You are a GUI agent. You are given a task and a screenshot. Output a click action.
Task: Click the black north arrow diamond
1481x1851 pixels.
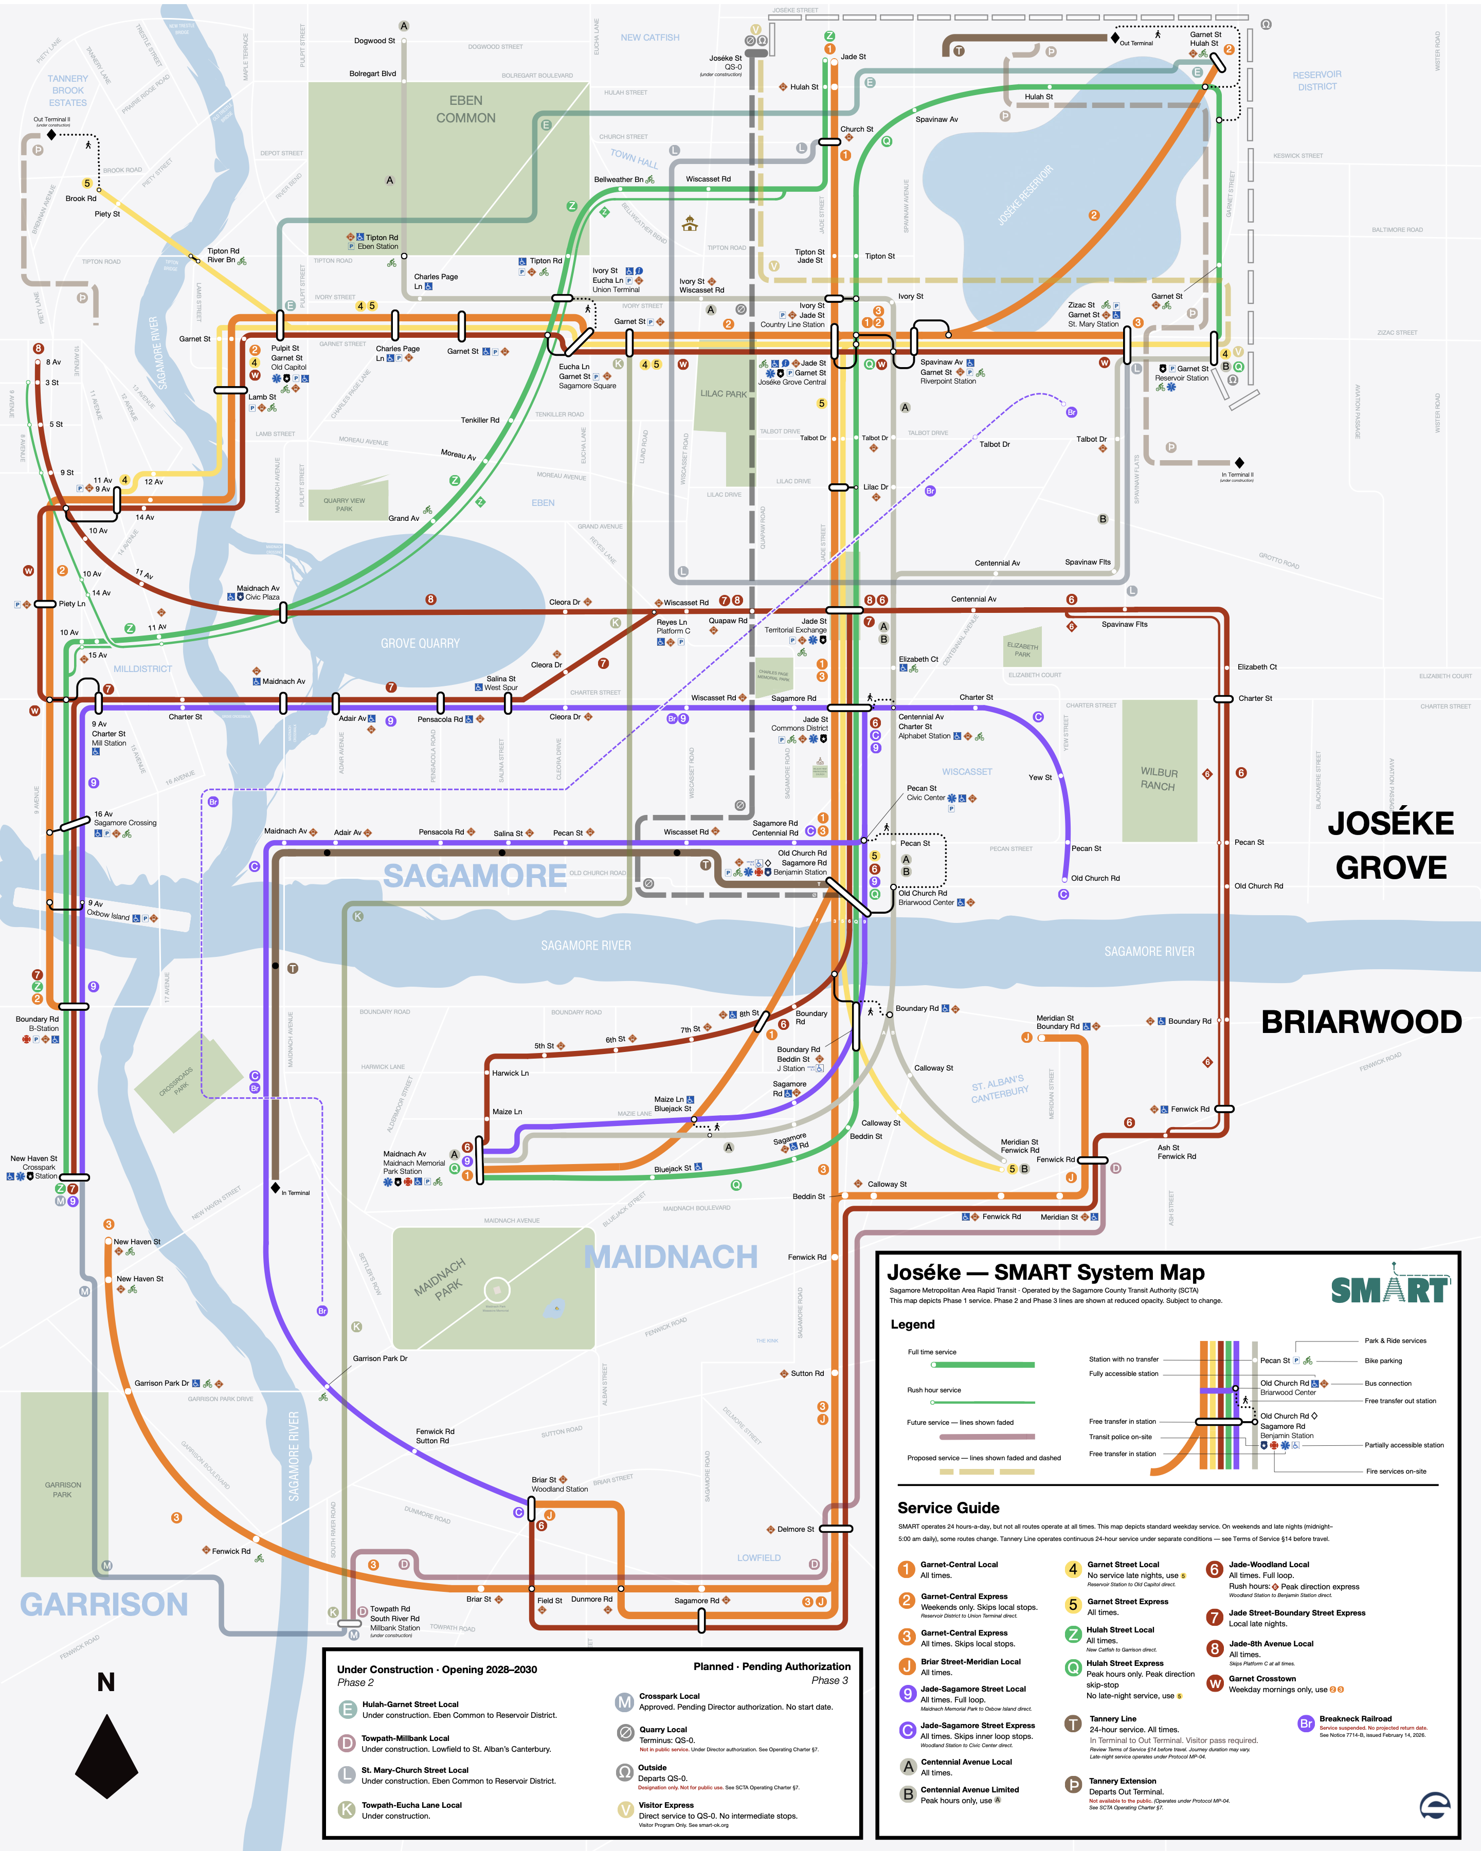tap(106, 1756)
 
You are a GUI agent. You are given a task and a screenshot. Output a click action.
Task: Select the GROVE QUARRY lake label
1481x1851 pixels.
tap(420, 643)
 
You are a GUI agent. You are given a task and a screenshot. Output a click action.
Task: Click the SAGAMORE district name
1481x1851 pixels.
tap(474, 876)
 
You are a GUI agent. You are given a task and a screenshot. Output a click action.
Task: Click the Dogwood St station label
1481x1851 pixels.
tap(374, 40)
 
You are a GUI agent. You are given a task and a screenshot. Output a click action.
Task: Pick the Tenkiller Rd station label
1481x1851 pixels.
tap(480, 420)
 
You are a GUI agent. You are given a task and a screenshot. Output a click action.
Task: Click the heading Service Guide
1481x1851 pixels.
tap(948, 1508)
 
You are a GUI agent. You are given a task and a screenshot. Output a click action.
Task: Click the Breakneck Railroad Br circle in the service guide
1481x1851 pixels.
tap(1305, 1723)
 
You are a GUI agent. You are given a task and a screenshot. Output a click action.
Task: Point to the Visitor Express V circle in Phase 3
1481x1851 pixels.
tap(626, 1809)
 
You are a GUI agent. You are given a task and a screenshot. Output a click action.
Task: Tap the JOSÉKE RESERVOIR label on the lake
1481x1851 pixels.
tap(1025, 196)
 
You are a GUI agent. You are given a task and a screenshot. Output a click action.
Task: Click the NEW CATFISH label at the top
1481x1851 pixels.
tap(650, 38)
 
